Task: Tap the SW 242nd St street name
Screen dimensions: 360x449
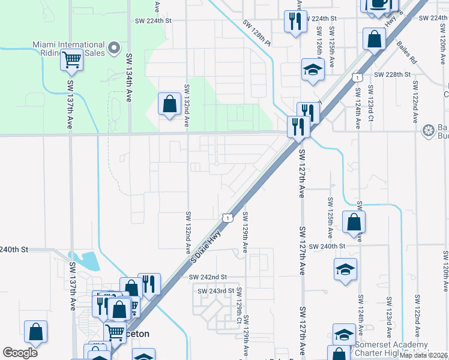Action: tap(207, 277)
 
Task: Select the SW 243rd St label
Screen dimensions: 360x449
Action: tap(215, 291)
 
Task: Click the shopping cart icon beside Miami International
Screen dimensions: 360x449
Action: tap(71, 59)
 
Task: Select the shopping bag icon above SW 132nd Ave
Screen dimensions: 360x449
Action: tap(170, 103)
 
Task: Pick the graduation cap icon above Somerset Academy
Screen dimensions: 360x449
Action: tap(344, 334)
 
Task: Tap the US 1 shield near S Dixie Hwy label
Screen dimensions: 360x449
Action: tap(227, 217)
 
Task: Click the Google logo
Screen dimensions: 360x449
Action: tap(20, 353)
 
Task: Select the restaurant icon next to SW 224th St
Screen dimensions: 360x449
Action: tap(295, 22)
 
